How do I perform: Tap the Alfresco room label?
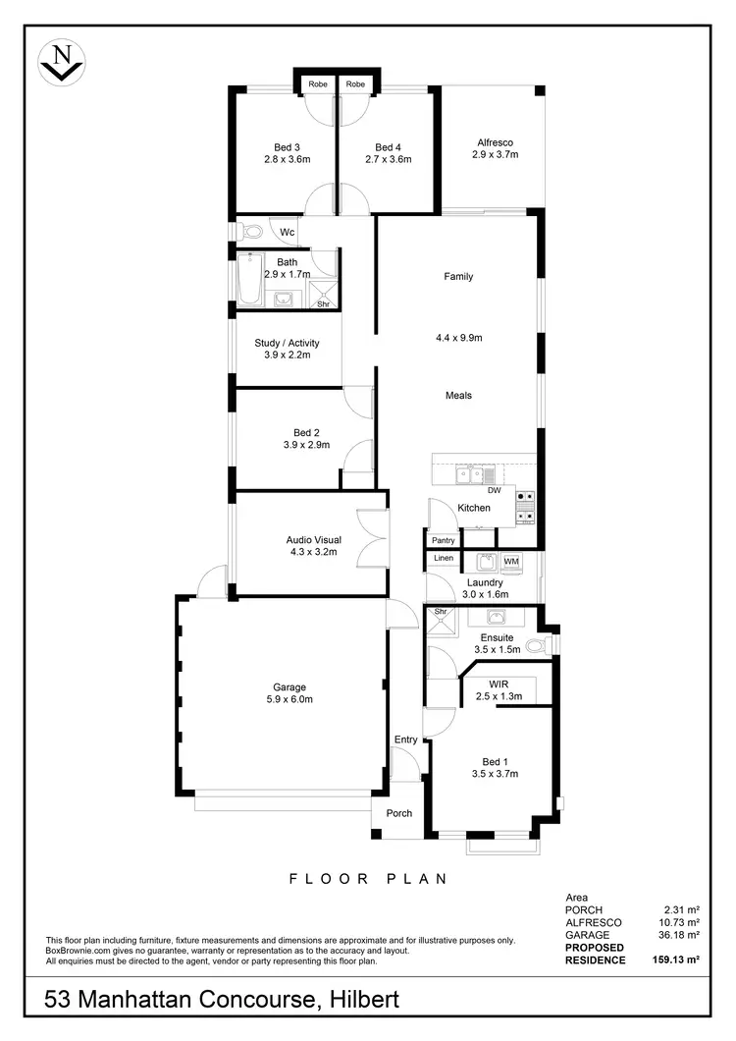pos(495,142)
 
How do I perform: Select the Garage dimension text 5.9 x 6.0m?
pos(289,699)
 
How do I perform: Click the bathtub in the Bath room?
pos(249,283)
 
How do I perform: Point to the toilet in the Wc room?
pos(251,232)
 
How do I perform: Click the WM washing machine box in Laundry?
pos(510,562)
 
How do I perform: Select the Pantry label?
pos(443,540)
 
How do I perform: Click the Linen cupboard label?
pos(443,560)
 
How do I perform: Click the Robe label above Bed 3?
pos(317,84)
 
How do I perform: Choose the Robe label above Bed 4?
pos(355,84)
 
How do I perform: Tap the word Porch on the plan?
pos(398,813)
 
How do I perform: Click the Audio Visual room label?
pos(313,540)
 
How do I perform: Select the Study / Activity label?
pos(287,343)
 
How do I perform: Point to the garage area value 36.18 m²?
pos(679,935)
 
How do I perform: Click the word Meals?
pos(458,396)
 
